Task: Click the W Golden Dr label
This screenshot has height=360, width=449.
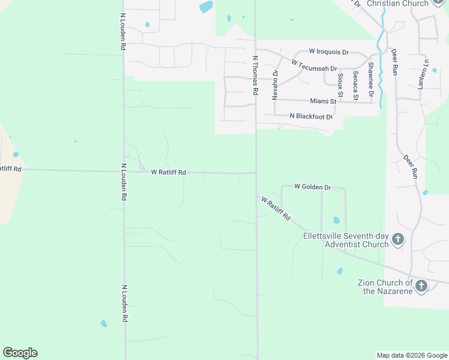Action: click(313, 187)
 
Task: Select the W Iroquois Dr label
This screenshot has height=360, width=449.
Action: click(328, 52)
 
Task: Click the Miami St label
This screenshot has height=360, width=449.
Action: click(322, 102)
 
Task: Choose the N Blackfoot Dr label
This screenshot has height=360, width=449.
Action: click(310, 116)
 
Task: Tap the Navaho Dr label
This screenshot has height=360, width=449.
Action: click(276, 85)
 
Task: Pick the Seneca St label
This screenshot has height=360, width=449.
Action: click(355, 85)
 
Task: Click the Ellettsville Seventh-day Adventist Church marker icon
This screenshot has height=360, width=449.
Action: click(397, 241)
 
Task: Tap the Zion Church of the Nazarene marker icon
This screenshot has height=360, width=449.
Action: click(421, 286)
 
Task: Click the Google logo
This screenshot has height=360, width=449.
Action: click(20, 353)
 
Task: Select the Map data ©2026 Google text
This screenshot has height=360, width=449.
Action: click(411, 355)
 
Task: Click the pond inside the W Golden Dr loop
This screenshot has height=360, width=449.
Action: click(336, 220)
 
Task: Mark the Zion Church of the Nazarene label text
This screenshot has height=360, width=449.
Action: click(385, 287)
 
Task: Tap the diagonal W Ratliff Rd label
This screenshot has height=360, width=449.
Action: click(276, 208)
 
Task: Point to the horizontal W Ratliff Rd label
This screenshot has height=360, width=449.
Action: click(168, 172)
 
